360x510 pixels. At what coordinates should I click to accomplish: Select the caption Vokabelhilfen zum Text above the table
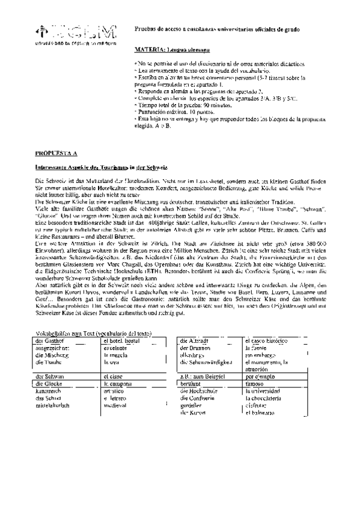[x=91, y=333]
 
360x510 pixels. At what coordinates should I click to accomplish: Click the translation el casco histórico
[x=267, y=340]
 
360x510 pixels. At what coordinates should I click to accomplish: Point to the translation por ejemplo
[x=264, y=376]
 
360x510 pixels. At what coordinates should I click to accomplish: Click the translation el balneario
[x=262, y=412]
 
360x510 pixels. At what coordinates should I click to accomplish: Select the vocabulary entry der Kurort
[x=194, y=412]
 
